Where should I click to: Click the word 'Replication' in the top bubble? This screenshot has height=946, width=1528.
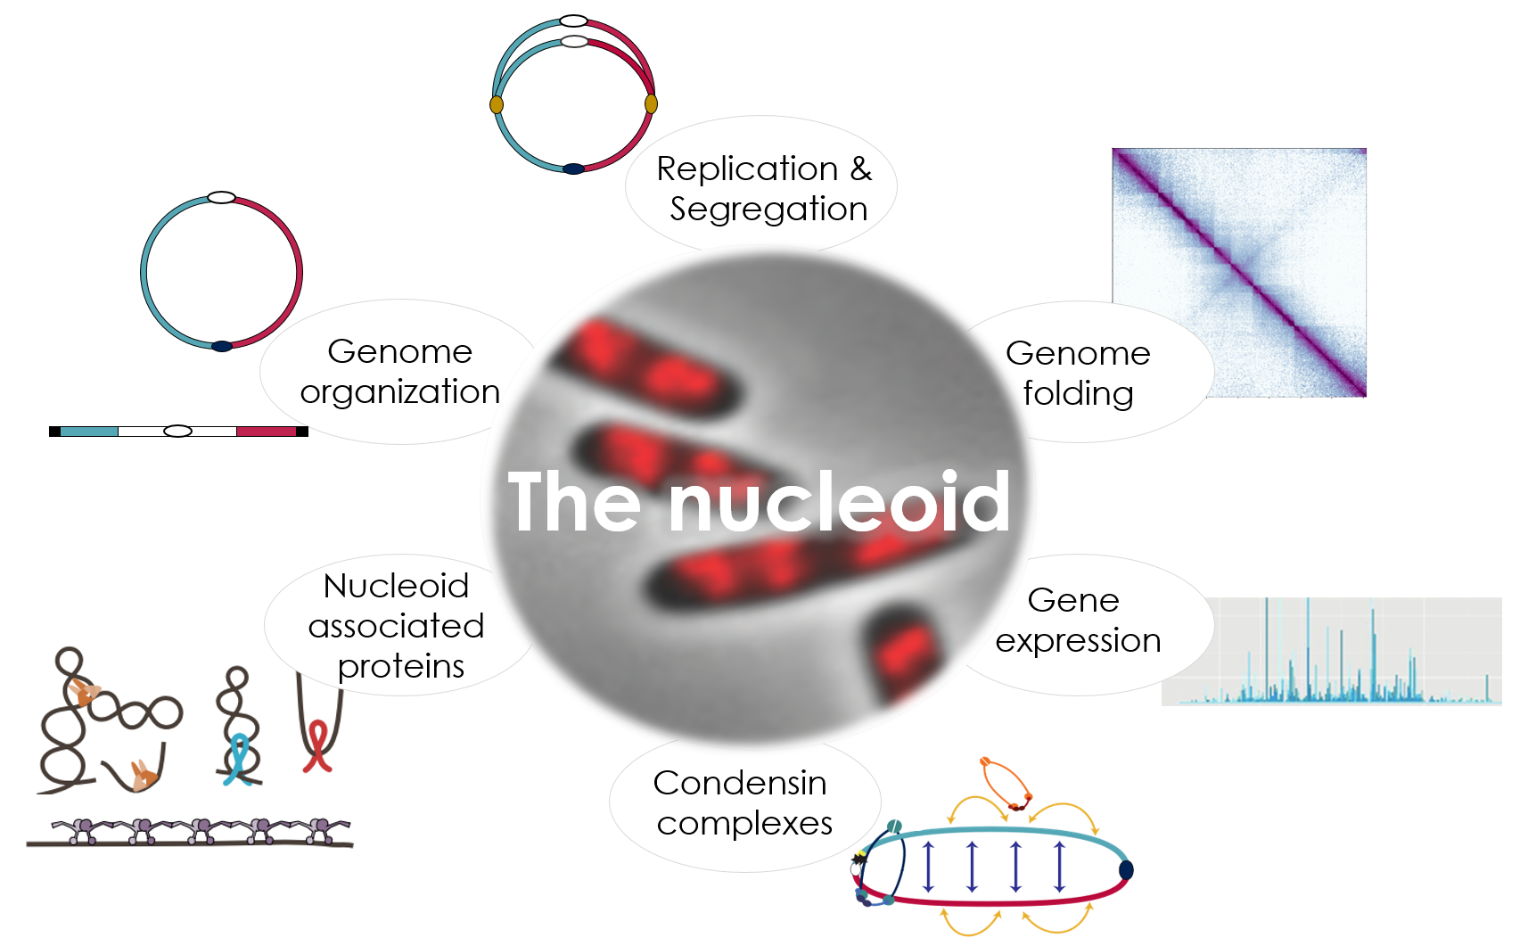[x=747, y=169]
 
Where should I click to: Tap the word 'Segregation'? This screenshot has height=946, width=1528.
[x=768, y=210]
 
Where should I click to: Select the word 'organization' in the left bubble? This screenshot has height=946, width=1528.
[x=399, y=393]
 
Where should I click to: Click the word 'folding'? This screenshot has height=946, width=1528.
[x=1078, y=393]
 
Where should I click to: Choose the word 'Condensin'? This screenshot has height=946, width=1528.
[x=739, y=783]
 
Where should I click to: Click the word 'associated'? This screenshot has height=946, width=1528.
[x=396, y=626]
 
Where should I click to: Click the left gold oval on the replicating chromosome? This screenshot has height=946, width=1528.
[x=497, y=104]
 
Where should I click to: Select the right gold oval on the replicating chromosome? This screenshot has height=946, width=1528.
[x=651, y=103]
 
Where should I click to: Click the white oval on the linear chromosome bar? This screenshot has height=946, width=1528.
[x=178, y=431]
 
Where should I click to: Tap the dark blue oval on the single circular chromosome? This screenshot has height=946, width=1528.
[x=222, y=347]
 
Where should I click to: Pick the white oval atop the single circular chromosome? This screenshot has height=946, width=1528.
[x=221, y=197]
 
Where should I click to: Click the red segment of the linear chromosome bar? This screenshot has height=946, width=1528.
[x=266, y=432]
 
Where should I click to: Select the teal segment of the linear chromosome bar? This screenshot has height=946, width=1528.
[x=89, y=432]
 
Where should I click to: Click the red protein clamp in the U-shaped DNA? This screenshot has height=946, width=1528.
[x=317, y=747]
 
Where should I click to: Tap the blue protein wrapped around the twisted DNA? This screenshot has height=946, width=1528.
[x=238, y=760]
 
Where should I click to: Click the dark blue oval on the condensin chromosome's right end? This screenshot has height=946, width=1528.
[x=1126, y=869]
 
